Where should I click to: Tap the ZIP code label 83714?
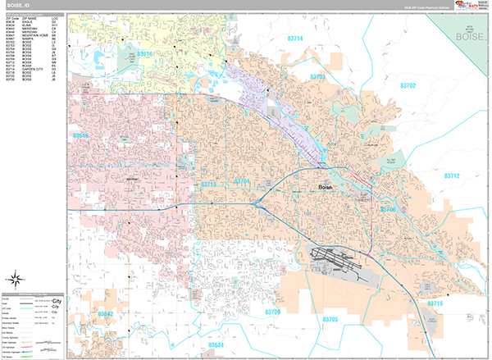point(294,39)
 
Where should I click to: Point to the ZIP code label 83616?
point(144,54)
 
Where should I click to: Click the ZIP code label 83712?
point(453,176)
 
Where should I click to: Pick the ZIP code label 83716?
point(434,303)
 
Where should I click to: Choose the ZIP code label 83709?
point(272,312)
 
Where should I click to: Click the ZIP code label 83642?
point(106,313)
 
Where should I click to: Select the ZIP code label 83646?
point(81,134)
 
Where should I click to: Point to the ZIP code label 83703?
point(317,76)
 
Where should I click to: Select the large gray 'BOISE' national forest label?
point(472,36)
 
